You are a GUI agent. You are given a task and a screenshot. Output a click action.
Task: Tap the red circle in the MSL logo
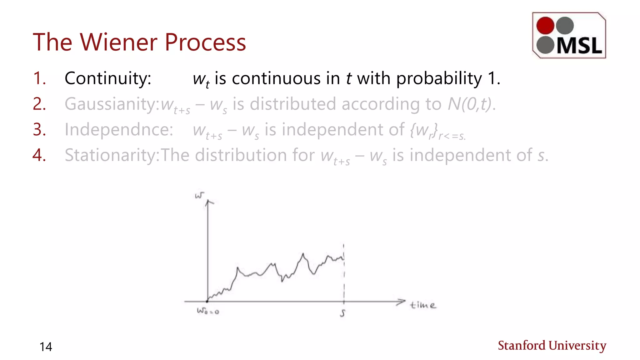(545, 25)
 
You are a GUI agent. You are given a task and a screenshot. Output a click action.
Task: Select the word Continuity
(108, 78)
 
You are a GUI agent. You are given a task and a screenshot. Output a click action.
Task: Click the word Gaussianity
(112, 104)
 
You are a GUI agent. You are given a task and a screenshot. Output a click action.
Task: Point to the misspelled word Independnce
(119, 129)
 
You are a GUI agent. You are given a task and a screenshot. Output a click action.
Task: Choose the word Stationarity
(112, 155)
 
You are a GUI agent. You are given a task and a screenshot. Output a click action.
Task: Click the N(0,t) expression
(470, 104)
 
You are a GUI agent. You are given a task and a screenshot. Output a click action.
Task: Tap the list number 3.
(39, 129)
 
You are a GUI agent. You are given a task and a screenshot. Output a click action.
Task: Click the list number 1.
(39, 78)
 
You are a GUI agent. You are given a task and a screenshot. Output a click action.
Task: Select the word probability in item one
(439, 78)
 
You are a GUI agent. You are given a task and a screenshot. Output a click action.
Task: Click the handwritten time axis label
(422, 305)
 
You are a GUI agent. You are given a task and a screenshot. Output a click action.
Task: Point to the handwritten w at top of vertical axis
(199, 196)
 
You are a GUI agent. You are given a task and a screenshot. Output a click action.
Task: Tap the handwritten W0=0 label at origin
(207, 311)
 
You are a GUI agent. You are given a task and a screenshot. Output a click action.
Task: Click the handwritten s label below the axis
(343, 313)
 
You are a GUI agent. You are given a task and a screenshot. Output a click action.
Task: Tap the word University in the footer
(577, 346)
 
